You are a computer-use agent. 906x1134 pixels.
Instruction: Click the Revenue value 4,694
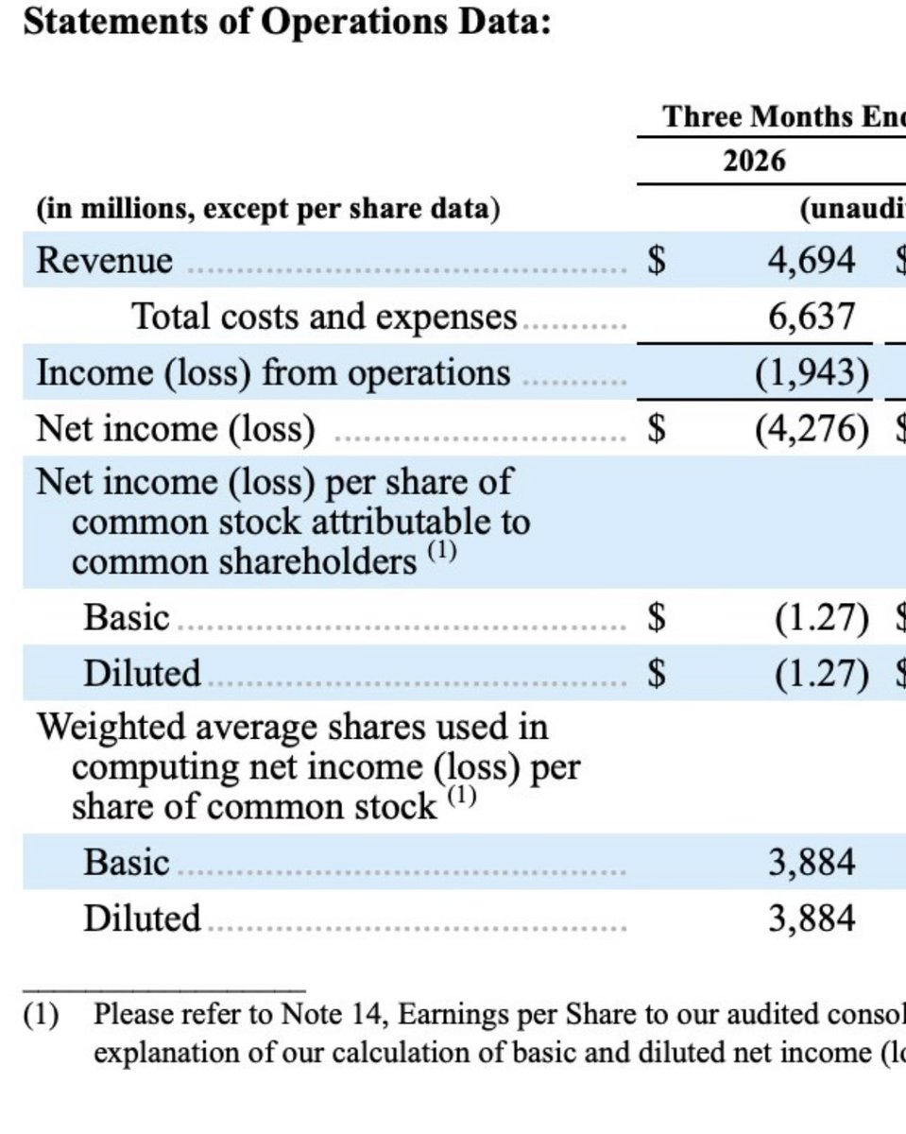(812, 260)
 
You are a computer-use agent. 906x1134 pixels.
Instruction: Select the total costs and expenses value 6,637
(812, 317)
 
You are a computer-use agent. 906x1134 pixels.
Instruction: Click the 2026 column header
(754, 161)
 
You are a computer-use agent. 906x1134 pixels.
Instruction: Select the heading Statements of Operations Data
(287, 24)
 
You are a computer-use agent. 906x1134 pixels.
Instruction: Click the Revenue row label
(104, 260)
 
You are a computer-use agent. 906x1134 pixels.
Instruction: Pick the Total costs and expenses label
(324, 317)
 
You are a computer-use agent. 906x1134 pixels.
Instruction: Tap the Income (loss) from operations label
(273, 373)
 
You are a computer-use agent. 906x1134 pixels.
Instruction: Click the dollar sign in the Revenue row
(657, 260)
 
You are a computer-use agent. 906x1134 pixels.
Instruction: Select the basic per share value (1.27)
(822, 617)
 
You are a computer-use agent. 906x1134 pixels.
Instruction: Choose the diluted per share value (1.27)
(822, 674)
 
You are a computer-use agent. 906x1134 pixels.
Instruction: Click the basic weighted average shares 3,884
(812, 863)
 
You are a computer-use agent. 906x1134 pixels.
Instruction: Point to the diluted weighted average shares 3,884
(812, 919)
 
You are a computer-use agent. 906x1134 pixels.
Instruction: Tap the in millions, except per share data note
(268, 209)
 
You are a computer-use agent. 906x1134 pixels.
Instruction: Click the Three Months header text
(785, 116)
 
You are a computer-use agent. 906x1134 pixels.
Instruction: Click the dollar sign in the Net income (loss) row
(657, 428)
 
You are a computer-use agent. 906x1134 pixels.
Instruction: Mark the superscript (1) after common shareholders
(442, 552)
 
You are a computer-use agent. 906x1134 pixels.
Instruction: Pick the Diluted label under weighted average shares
(143, 919)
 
